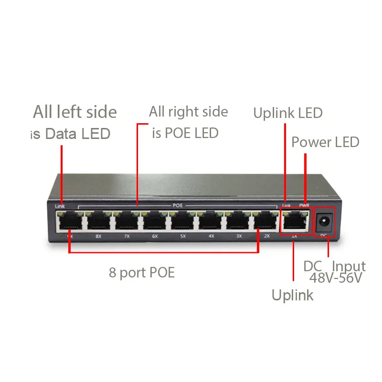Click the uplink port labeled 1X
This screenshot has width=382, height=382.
pos(294,221)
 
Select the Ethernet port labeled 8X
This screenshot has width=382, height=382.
pos(99,221)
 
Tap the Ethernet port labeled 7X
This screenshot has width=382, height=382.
pos(127,221)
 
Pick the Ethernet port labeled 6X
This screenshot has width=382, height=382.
pos(155,221)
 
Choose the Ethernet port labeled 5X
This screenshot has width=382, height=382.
pos(183,221)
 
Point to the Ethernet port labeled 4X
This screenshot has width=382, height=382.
pos(211,221)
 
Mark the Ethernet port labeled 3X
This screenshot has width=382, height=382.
pos(238,221)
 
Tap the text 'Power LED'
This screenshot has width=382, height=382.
pos(325,142)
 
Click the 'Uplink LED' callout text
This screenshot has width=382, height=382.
pos(288,113)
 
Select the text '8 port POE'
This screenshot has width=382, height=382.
pos(142,273)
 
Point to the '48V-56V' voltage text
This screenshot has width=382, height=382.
pos(336,277)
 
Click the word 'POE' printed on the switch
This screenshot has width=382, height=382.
pos(178,206)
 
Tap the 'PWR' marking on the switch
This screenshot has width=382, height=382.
pos(304,205)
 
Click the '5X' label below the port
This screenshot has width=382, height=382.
pos(183,236)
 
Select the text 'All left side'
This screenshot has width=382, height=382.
pos(74,112)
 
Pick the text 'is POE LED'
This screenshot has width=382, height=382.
pos(185,133)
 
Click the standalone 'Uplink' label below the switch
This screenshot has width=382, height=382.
pos(292,295)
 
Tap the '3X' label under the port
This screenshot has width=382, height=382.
pos(239,236)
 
